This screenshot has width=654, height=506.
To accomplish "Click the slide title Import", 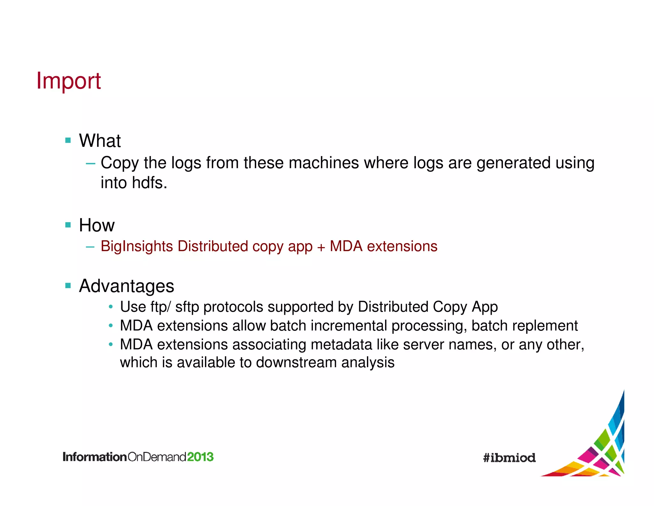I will tap(68, 81).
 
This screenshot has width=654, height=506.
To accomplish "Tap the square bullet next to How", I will tap(68, 225).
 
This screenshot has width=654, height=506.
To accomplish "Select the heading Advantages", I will tap(126, 286).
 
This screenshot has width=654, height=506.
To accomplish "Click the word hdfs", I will tap(149, 183).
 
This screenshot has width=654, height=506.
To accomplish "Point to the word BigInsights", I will tap(137, 246).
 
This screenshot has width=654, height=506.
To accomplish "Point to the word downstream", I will tap(296, 363).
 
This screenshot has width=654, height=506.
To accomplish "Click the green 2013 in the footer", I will tap(200, 457).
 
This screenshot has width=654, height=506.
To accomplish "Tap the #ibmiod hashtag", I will tap(509, 458).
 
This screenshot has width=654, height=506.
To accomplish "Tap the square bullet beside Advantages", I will tap(68, 285).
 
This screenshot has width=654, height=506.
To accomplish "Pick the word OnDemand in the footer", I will tap(157, 457).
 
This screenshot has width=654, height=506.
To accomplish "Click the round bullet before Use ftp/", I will tap(110, 307).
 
